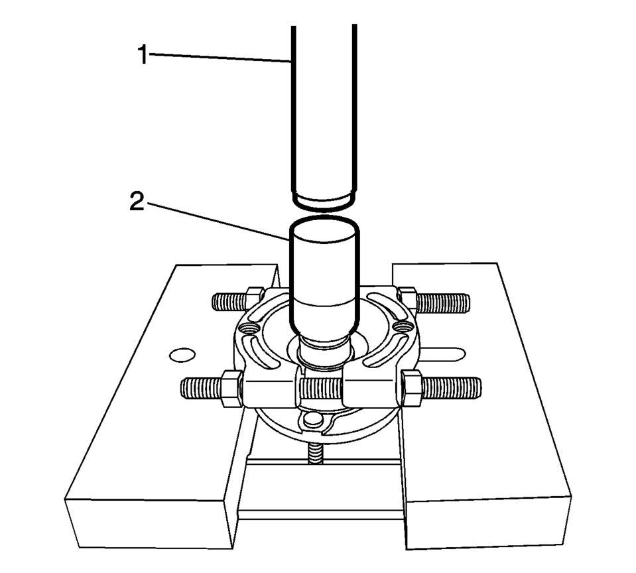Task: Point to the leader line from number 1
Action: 220,58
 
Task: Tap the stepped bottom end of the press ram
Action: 324,200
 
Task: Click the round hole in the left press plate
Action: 182,355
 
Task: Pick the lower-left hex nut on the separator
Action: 231,389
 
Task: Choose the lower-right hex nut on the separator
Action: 411,388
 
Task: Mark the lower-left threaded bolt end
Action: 201,388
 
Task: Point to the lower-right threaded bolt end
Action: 452,388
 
